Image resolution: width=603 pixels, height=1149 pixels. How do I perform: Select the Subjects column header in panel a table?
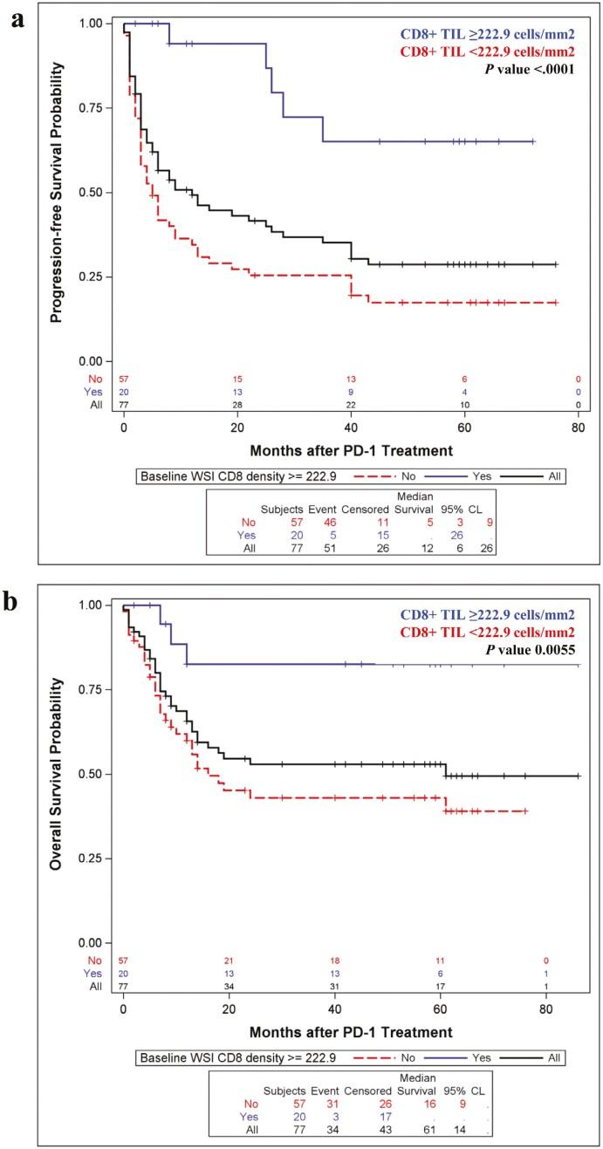click(281, 507)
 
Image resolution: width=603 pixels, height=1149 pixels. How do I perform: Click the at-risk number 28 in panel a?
click(237, 406)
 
